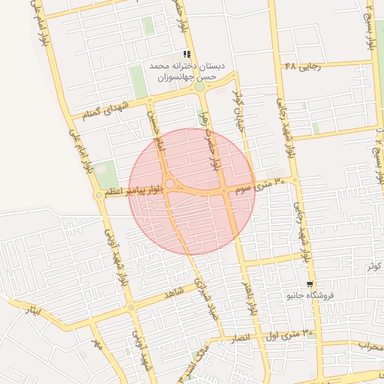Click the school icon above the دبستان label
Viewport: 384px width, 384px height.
point(187,54)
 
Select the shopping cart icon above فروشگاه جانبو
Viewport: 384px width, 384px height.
point(309,284)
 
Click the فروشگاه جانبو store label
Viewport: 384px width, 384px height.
point(309,295)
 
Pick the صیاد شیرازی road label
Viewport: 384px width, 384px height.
point(203,296)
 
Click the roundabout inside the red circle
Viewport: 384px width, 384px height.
point(170,184)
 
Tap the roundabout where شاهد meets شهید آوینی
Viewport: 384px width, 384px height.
point(131,307)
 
